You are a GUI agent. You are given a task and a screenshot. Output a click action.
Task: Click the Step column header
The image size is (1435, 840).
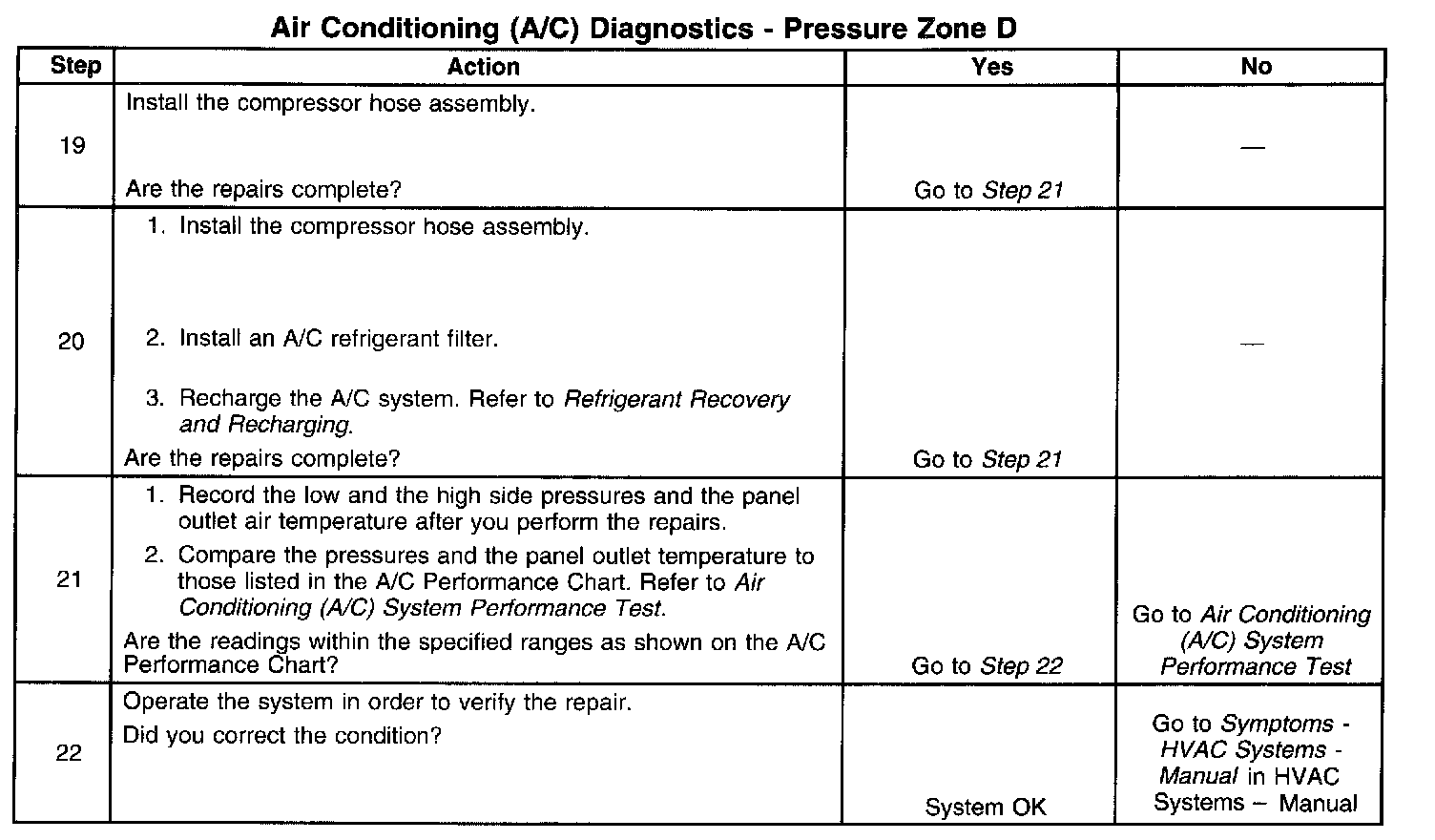pyautogui.click(x=74, y=67)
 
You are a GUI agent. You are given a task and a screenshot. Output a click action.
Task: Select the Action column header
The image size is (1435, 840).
pyautogui.click(x=484, y=67)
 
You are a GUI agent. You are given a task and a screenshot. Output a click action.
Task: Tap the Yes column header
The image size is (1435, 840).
pyautogui.click(x=991, y=67)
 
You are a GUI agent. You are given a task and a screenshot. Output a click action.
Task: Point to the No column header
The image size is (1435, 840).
pyautogui.click(x=1256, y=67)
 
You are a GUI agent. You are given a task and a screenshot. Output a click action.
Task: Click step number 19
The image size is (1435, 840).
pyautogui.click(x=73, y=146)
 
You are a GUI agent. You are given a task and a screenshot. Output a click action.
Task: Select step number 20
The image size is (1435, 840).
pyautogui.click(x=72, y=342)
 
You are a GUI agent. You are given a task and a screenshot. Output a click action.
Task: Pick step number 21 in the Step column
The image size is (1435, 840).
pyautogui.click(x=70, y=580)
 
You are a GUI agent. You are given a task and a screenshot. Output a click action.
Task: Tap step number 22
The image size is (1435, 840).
pyautogui.click(x=69, y=754)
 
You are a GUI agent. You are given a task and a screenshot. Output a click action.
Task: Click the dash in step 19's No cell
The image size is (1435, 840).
pyautogui.click(x=1253, y=148)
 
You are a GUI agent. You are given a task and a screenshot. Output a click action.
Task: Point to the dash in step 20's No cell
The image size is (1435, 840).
pyautogui.click(x=1252, y=344)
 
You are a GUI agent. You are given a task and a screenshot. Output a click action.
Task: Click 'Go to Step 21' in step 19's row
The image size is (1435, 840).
pyautogui.click(x=988, y=190)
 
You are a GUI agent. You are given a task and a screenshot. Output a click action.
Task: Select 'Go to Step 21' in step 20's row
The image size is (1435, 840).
pyautogui.click(x=988, y=459)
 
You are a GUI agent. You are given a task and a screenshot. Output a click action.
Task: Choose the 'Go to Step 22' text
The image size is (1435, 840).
pyautogui.click(x=987, y=666)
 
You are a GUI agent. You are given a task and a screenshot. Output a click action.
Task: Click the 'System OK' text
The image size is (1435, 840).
pyautogui.click(x=986, y=808)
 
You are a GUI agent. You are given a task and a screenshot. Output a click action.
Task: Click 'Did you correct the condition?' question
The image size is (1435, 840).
pyautogui.click(x=282, y=737)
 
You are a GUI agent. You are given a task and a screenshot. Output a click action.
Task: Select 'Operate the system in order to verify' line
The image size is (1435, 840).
pyautogui.click(x=377, y=703)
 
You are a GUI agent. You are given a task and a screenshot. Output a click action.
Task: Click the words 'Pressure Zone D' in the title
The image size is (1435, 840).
pyautogui.click(x=900, y=29)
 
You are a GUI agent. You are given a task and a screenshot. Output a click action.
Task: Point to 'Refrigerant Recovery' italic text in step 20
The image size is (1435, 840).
pyautogui.click(x=676, y=399)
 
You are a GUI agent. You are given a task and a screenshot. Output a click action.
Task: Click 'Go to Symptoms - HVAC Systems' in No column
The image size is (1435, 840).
pyautogui.click(x=1250, y=738)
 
